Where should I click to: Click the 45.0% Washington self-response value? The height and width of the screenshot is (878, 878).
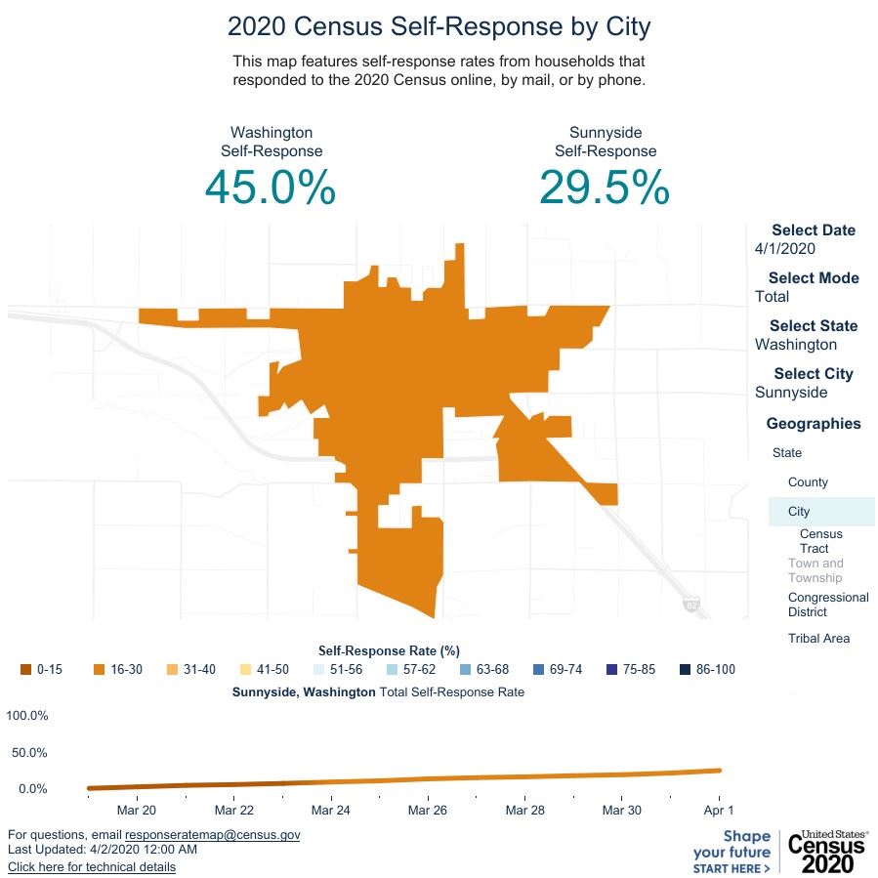tap(271, 188)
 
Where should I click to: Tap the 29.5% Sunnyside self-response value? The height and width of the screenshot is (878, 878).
tap(605, 188)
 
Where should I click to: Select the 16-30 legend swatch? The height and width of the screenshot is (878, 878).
tap(99, 670)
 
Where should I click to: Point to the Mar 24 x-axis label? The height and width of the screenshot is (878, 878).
tap(330, 811)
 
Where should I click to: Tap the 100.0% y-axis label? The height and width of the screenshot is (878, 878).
tap(27, 716)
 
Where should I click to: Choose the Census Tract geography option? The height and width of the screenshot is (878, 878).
tap(820, 541)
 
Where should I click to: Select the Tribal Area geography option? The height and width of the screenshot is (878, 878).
tap(818, 639)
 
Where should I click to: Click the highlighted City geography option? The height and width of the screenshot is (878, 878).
tap(799, 512)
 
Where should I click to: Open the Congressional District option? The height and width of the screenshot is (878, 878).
tap(827, 605)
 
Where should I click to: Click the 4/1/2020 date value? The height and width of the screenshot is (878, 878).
tap(785, 249)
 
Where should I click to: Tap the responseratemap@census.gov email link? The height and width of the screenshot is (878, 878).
tap(212, 835)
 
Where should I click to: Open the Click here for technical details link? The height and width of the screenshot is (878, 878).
tap(92, 867)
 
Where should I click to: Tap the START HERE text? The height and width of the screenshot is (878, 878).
tap(731, 868)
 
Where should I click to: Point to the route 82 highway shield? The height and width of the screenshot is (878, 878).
tap(691, 605)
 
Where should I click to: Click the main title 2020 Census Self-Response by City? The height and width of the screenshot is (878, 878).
tap(439, 25)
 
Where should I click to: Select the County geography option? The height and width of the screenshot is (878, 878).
tap(808, 482)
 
